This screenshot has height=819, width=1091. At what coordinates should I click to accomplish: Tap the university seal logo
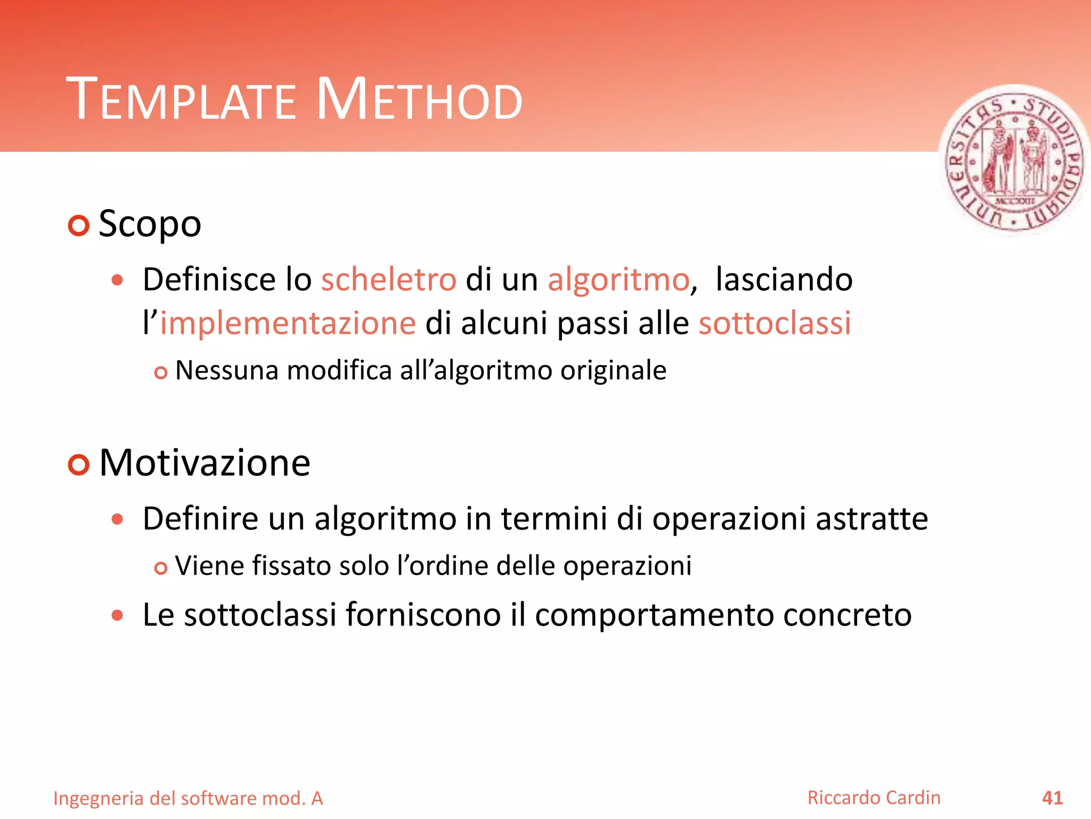click(x=1014, y=161)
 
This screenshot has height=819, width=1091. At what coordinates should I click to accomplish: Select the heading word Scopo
click(x=150, y=224)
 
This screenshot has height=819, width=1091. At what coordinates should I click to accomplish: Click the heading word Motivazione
click(x=205, y=463)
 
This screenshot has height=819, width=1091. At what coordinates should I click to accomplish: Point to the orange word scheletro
click(x=388, y=279)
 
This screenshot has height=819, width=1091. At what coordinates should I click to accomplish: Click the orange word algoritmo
click(x=618, y=280)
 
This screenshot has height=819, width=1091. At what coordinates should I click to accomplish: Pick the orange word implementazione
click(x=288, y=324)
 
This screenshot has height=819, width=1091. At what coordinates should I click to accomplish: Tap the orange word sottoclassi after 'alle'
click(x=775, y=323)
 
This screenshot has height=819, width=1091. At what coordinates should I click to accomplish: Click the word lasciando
click(x=784, y=279)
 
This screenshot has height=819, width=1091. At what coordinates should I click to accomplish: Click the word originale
click(x=613, y=371)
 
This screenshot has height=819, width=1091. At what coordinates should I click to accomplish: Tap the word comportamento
click(x=654, y=615)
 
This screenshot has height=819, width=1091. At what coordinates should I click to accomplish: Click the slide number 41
click(x=1052, y=798)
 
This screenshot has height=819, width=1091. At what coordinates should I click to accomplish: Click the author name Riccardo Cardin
click(x=874, y=798)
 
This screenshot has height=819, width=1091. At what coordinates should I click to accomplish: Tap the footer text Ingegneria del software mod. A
click(x=188, y=799)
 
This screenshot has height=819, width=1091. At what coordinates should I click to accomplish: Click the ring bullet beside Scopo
click(x=79, y=226)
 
